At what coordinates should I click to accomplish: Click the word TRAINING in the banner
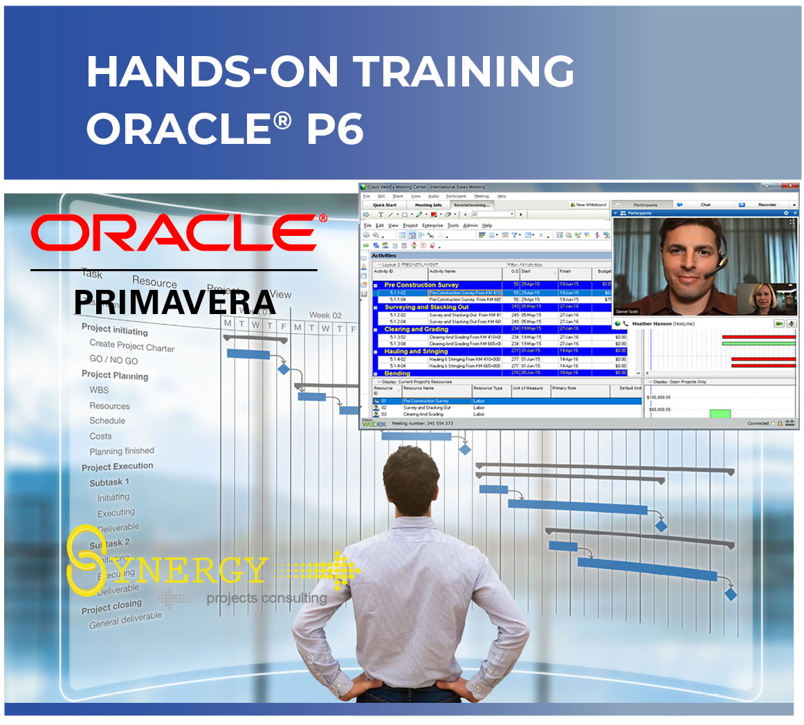click(x=464, y=71)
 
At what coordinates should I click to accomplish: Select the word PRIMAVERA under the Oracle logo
click(x=175, y=302)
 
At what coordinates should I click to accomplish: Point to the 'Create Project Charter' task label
click(x=131, y=346)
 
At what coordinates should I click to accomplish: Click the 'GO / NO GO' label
click(x=113, y=360)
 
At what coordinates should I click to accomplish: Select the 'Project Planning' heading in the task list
click(x=115, y=375)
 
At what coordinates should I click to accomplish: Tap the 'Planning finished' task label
click(x=122, y=451)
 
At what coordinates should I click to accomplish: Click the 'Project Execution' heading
click(x=118, y=467)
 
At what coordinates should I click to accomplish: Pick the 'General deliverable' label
click(x=125, y=620)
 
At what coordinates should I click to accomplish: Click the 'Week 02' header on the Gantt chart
click(x=325, y=315)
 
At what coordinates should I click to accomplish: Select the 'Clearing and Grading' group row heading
click(x=416, y=329)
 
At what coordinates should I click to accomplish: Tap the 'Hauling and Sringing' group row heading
click(x=416, y=351)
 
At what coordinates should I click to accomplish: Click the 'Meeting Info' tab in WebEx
click(x=428, y=205)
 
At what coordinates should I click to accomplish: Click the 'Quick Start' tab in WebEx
click(x=385, y=205)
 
